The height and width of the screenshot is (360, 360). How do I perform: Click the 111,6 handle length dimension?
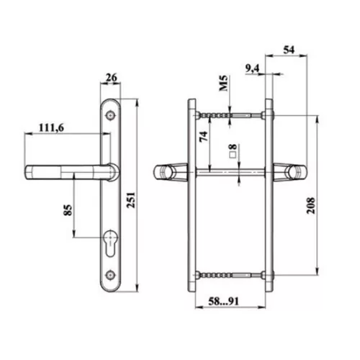click(51, 127)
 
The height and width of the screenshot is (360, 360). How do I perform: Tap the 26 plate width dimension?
click(112, 78)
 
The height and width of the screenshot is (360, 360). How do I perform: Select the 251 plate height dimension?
click(131, 200)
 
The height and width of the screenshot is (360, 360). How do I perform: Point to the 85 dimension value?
click(68, 210)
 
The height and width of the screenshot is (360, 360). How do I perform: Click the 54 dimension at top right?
click(289, 50)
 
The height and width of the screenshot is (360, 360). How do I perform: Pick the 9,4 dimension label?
click(252, 68)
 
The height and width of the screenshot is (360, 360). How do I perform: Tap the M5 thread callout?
click(223, 83)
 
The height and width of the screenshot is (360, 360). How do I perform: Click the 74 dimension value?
click(204, 136)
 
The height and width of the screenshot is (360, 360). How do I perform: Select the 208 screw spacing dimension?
click(311, 205)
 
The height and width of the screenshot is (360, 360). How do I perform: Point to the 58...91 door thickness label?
click(224, 301)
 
